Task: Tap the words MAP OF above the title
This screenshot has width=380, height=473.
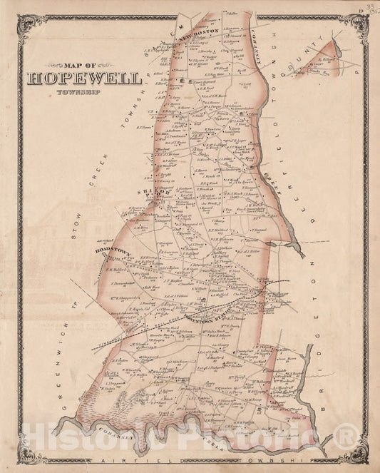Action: (72, 63)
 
